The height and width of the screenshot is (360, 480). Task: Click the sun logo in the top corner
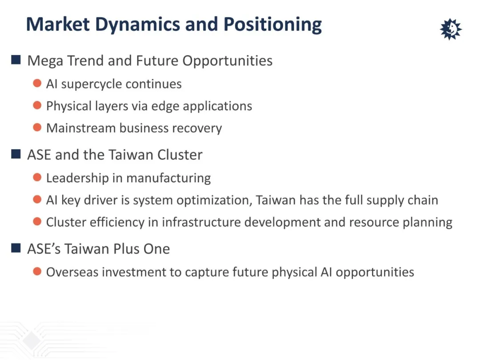tap(451, 29)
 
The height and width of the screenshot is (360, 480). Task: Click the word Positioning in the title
tap(272, 24)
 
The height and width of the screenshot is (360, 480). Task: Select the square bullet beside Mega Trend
tap(16, 60)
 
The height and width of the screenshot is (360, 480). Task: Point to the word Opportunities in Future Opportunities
tap(228, 61)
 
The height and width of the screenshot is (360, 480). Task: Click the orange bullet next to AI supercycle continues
tap(37, 83)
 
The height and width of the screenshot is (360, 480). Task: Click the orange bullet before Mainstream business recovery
tap(37, 128)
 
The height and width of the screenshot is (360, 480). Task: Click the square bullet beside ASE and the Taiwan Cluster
tap(16, 154)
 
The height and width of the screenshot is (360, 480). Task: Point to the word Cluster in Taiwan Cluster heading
tap(180, 155)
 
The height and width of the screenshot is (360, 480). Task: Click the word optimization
tap(214, 200)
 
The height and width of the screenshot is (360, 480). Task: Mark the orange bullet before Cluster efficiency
tap(37, 221)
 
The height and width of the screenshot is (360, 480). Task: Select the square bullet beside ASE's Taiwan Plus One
tap(16, 248)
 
